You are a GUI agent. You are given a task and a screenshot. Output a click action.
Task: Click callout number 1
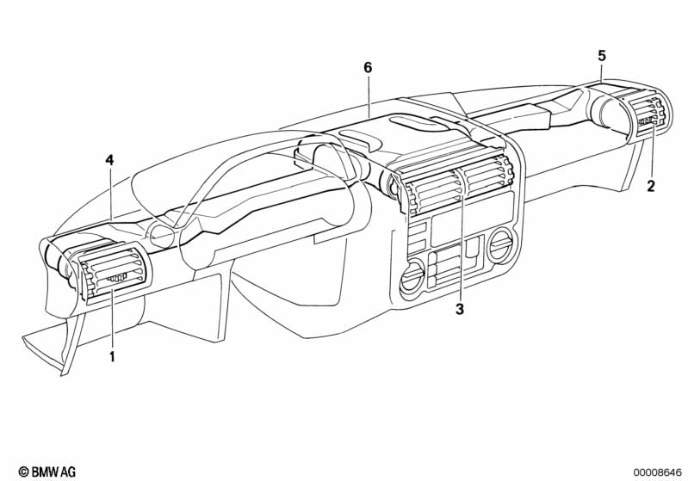tap(112, 356)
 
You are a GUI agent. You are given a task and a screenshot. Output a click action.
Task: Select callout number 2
tap(651, 187)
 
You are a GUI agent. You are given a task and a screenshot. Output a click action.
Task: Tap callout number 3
tap(460, 309)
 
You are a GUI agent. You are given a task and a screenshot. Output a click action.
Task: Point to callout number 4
tap(109, 160)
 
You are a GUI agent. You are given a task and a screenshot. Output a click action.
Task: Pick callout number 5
tap(602, 56)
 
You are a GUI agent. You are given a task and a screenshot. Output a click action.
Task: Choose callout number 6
tap(368, 67)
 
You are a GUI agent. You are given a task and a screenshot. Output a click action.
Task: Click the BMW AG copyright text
tap(47, 472)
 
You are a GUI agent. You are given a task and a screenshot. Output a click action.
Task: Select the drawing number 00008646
tap(657, 472)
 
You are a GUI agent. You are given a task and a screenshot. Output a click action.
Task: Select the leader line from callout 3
tap(461, 247)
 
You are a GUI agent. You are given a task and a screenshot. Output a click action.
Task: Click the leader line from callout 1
tap(112, 318)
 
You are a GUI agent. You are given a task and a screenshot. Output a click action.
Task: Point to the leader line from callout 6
tap(369, 96)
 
